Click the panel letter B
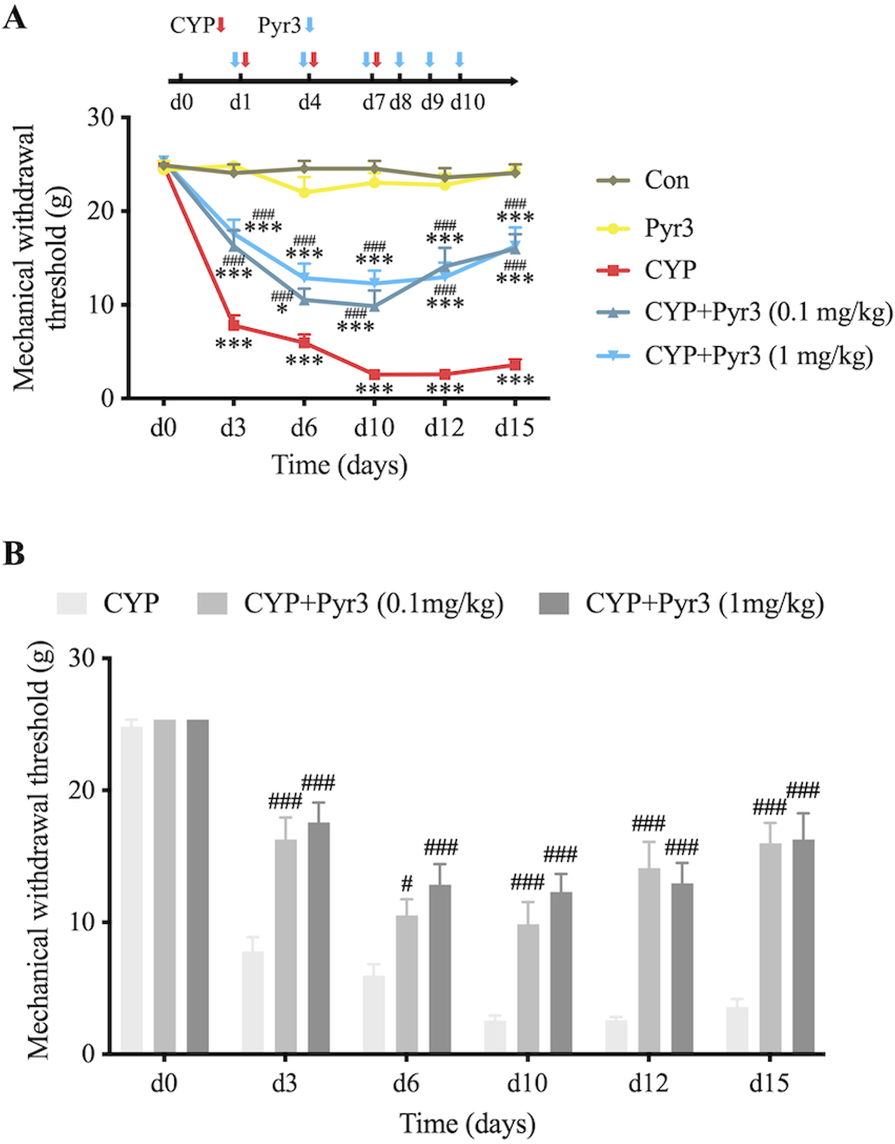click(x=14, y=554)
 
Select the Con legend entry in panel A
click(x=665, y=180)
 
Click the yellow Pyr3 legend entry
click(x=668, y=228)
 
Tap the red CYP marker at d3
click(x=233, y=325)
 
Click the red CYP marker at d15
click(x=514, y=365)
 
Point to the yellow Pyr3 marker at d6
click(x=304, y=193)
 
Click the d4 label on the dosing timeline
click(x=309, y=102)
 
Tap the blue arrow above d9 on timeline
click(x=429, y=60)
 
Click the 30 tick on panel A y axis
click(x=101, y=118)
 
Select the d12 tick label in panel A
click(x=444, y=428)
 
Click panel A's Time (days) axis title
click(x=339, y=465)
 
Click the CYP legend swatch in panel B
click(x=71, y=603)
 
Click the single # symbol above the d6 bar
click(x=407, y=883)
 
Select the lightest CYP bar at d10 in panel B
click(x=495, y=1036)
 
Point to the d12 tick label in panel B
click(x=648, y=1083)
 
